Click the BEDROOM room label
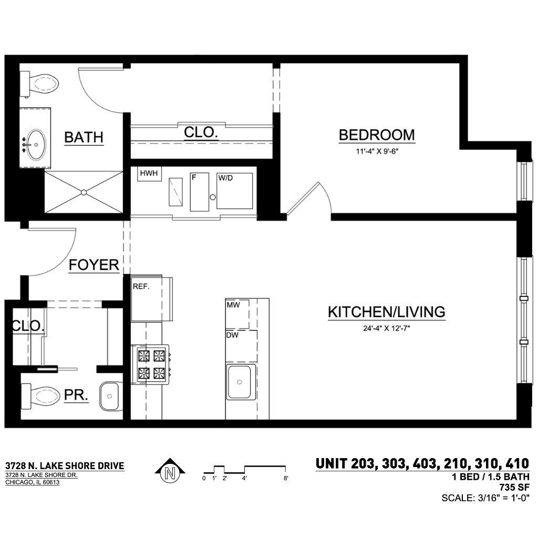tap(377, 135)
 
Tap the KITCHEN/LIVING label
tap(387, 312)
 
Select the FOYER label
tap(94, 265)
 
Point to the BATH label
tap(84, 137)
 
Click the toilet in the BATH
tap(39, 84)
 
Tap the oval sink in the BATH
tap(36, 144)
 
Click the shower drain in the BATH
tap(84, 192)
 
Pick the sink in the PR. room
tap(109, 396)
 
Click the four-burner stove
tap(151, 365)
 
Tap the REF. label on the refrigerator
tap(141, 286)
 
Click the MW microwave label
tap(233, 304)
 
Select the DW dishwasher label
tap(232, 335)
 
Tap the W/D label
tap(225, 178)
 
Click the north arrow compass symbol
tap(170, 472)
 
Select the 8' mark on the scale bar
tap(286, 478)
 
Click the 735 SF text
tap(514, 487)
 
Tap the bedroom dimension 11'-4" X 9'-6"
tap(377, 151)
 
